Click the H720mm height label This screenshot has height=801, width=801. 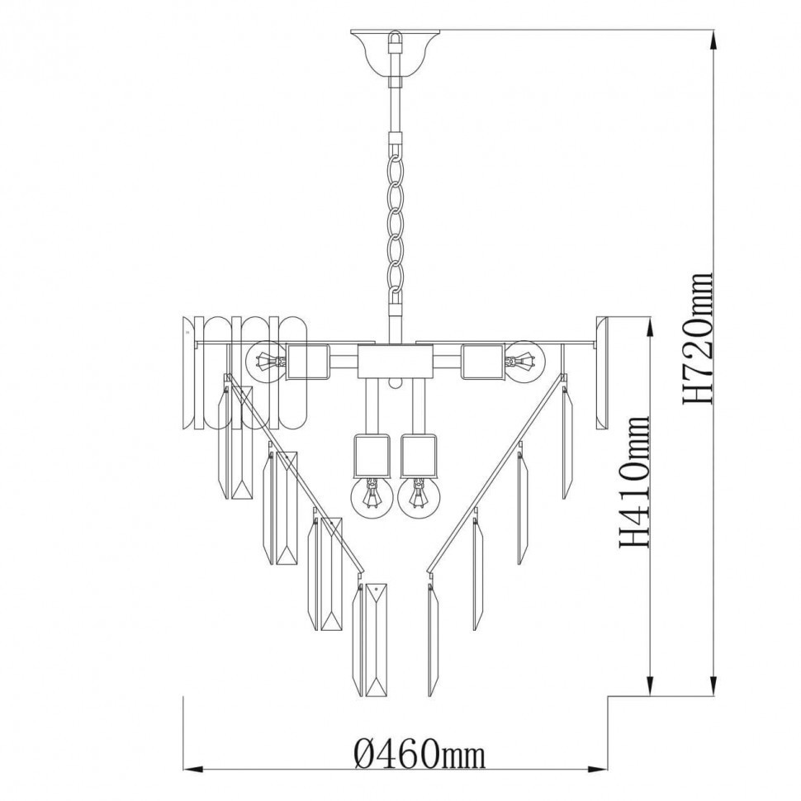(697, 339)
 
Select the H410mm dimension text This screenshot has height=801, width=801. (634, 481)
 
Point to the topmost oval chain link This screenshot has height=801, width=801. (395, 168)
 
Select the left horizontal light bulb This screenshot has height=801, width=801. (265, 361)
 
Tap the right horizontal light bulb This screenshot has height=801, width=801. (526, 361)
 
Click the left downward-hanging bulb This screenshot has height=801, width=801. (372, 497)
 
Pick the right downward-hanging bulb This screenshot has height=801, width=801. (419, 497)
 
